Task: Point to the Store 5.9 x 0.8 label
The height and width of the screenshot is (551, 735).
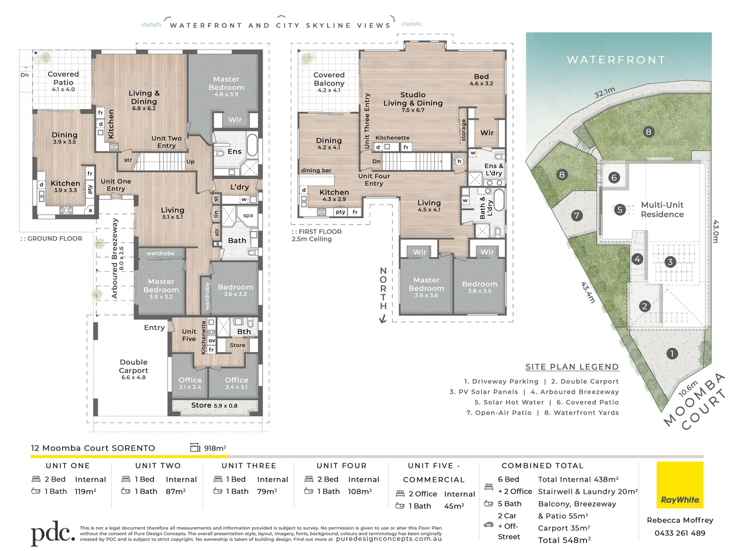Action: [214, 406]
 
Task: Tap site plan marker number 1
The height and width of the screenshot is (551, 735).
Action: [672, 354]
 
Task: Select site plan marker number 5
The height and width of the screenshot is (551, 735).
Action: [620, 209]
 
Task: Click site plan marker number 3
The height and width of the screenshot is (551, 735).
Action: [670, 262]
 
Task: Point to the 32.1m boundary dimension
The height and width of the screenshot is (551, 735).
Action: [604, 92]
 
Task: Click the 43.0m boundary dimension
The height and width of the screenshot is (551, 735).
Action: [715, 231]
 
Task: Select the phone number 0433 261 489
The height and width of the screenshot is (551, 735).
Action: [680, 533]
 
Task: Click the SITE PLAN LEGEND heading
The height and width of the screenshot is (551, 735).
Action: [572, 367]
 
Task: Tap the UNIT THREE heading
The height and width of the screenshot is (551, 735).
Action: [249, 466]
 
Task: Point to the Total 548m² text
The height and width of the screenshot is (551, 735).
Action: [564, 540]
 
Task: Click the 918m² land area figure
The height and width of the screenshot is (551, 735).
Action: [215, 448]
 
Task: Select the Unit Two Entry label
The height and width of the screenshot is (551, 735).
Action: [166, 142]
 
